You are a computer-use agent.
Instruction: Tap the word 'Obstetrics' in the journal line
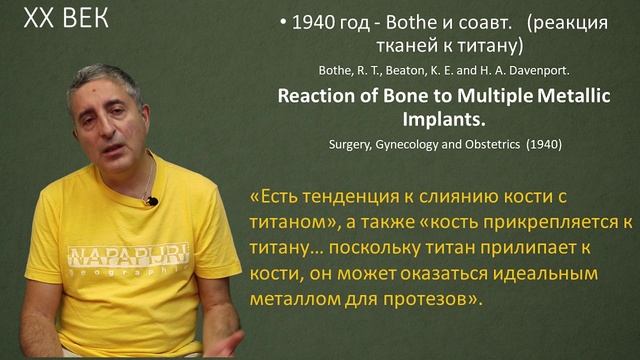pos(487,144)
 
